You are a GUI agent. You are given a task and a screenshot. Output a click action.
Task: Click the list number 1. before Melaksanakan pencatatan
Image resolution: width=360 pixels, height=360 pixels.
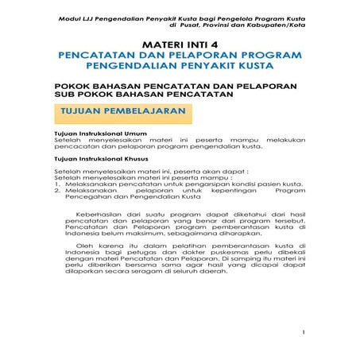[57, 184]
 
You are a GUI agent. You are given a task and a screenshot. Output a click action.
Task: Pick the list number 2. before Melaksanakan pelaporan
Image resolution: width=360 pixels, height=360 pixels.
[57, 191]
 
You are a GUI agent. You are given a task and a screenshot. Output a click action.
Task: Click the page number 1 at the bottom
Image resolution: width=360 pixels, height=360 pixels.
[304, 332]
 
